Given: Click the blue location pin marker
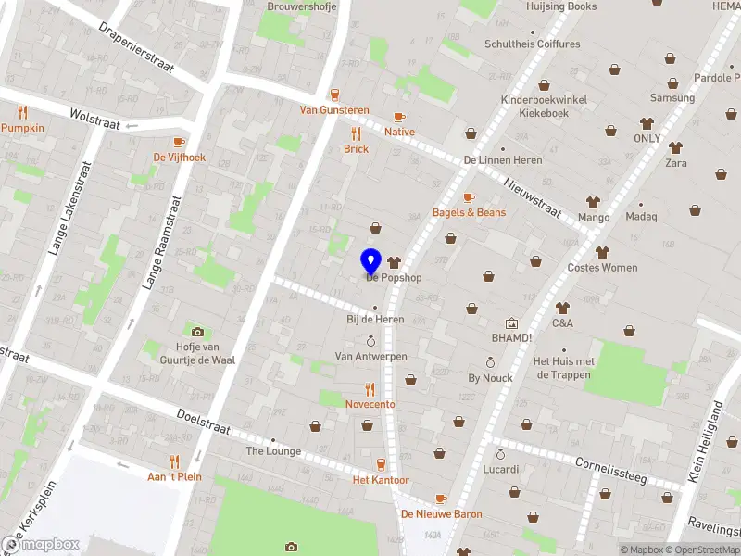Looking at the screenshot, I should tap(370, 260).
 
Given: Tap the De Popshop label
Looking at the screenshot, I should tap(394, 277).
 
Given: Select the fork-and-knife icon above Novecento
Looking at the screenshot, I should tap(370, 389).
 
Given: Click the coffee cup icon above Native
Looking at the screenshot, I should tap(399, 117).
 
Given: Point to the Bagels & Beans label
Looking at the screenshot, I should tap(469, 212).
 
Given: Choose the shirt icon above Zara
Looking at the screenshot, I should tap(676, 147).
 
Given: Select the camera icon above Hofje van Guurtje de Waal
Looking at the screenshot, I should tap(197, 332).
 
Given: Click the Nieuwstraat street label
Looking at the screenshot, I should tap(534, 197).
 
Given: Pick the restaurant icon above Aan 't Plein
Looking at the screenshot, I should tap(174, 461).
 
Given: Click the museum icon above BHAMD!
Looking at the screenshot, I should tap(511, 323).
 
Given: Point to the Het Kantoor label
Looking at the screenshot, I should tap(380, 480).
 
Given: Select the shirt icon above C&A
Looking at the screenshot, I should tap(561, 308).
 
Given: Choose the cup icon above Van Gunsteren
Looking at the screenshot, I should tap(334, 94).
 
